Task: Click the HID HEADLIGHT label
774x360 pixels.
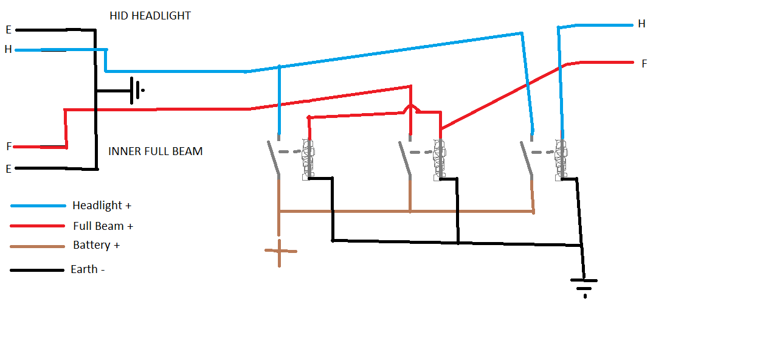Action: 150,16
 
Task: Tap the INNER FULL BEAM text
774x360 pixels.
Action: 156,151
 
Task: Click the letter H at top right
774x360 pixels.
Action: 641,24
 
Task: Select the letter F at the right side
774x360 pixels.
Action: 644,64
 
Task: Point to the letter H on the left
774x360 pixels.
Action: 9,49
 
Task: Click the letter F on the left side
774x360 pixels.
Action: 9,147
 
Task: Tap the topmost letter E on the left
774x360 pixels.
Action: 9,30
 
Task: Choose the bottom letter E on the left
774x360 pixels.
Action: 9,169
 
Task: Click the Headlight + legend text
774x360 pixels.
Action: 102,206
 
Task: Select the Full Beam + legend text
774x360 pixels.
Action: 103,226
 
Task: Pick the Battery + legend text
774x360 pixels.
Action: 97,245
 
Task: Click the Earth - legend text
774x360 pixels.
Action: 88,269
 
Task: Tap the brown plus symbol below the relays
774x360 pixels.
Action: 280,252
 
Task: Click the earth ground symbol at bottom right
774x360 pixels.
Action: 584,288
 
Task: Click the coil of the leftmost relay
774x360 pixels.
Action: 308,159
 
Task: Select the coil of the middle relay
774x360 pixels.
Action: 440,159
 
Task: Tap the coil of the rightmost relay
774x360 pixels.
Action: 561,159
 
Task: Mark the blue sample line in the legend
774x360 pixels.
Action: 38,206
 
